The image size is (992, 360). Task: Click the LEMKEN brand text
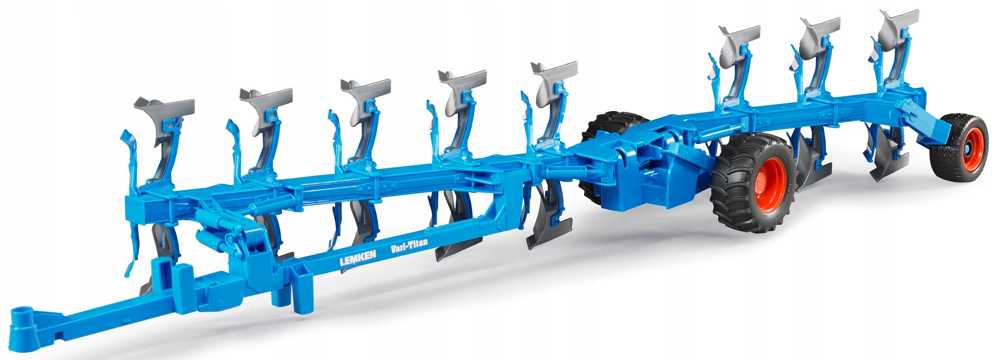click(x=358, y=258)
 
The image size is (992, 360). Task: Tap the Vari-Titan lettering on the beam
click(x=409, y=245)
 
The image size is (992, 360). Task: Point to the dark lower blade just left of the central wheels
click(x=546, y=229)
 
